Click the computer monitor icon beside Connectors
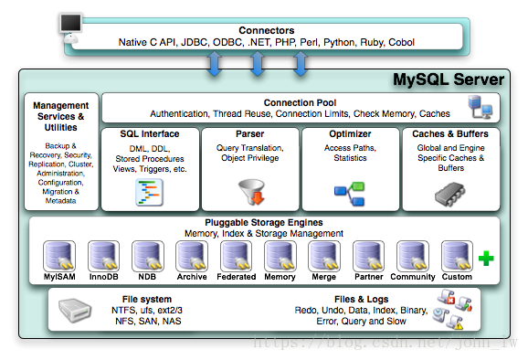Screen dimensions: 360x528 tap(72, 26)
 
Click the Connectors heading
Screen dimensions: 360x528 tap(266, 30)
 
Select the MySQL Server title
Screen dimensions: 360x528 tap(448, 79)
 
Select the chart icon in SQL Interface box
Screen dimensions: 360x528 tap(149, 190)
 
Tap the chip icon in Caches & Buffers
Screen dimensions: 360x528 tap(450, 190)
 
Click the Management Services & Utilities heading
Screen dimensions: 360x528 tap(60, 118)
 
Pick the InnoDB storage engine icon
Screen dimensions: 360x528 tap(103, 255)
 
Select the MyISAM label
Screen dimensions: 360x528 tap(58, 277)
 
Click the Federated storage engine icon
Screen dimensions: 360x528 tap(237, 255)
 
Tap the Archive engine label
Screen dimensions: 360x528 tap(192, 277)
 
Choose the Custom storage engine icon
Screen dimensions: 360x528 tap(456, 255)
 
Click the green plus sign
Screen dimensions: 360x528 tap(486, 259)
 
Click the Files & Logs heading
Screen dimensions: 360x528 tap(361, 299)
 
